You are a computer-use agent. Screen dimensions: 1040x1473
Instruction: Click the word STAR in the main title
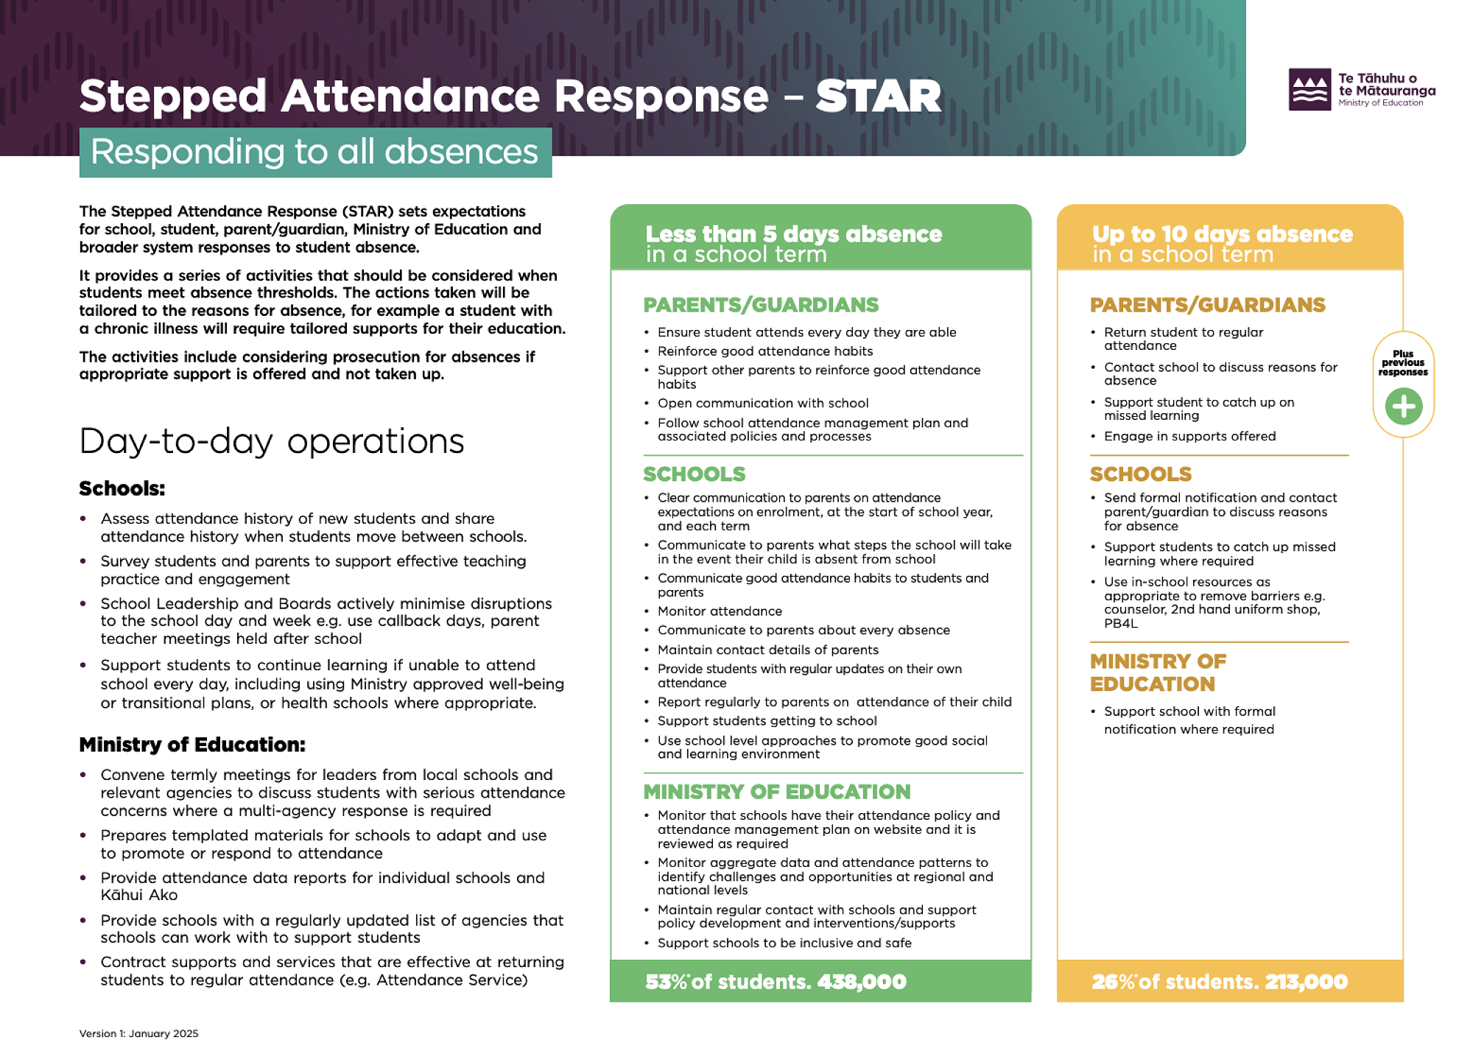[x=878, y=96]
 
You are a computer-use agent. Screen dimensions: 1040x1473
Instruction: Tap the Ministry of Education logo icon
[x=1309, y=90]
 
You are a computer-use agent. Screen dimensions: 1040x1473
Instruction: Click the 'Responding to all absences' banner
[x=315, y=152]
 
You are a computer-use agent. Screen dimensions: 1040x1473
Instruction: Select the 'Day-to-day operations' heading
[x=272, y=441]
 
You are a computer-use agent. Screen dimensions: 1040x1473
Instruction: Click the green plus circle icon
[x=1403, y=407]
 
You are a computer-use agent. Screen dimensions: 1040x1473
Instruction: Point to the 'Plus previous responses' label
[x=1403, y=363]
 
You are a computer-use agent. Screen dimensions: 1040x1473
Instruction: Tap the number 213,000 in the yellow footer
[x=1306, y=982]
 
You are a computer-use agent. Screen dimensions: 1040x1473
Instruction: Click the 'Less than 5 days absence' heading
[x=793, y=234]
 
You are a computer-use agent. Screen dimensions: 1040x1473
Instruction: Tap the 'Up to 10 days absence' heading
[x=1222, y=234]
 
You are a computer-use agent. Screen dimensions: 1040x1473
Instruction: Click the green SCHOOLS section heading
[x=694, y=474]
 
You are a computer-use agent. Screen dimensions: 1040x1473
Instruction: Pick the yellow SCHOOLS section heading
[x=1140, y=474]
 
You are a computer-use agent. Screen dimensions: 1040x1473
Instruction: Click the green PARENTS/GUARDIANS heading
[x=761, y=305]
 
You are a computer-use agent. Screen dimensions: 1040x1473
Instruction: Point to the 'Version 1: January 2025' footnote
[x=138, y=1033]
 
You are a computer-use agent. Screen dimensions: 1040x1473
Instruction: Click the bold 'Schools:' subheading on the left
[x=122, y=489]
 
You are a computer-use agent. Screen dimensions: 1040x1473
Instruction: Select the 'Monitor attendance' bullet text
[x=720, y=611]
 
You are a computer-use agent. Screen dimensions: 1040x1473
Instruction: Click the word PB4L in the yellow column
[x=1120, y=624]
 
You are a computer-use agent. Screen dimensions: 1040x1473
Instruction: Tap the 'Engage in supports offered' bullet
[x=1189, y=437]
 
